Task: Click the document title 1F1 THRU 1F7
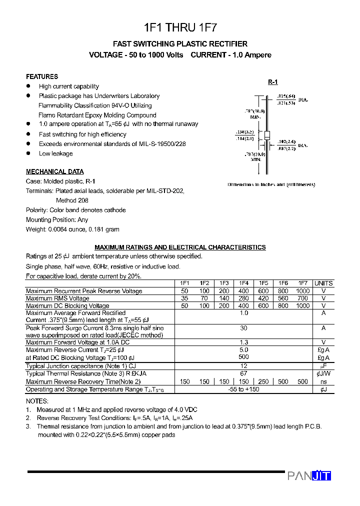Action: click(180, 27)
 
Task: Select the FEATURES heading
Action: click(42, 76)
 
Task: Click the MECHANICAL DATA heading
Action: click(54, 171)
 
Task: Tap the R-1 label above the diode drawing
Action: click(272, 82)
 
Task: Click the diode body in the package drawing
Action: click(267, 135)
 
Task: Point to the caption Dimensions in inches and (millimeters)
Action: click(271, 184)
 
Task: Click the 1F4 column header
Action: click(243, 283)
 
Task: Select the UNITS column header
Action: click(323, 283)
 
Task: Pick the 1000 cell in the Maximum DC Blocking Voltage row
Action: click(302, 305)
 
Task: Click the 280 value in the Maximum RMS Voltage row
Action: click(243, 298)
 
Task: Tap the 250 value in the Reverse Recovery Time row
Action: click(263, 381)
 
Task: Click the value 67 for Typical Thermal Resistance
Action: click(243, 373)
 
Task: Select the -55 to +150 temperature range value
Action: click(243, 389)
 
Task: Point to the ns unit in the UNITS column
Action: click(323, 381)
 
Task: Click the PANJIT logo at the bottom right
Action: click(309, 476)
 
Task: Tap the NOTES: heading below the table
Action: click(37, 401)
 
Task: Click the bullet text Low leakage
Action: click(55, 153)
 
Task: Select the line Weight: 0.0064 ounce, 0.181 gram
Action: click(72, 229)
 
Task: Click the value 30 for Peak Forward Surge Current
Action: click(243, 328)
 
